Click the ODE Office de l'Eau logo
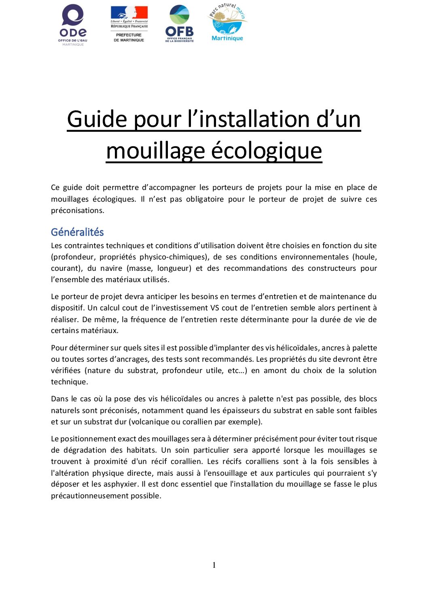click(73, 25)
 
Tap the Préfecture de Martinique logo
click(129, 24)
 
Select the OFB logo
click(179, 24)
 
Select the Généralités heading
click(77, 232)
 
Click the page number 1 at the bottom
click(214, 565)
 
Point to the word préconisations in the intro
click(77, 211)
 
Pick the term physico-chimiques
click(173, 257)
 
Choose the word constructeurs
click(331, 268)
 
